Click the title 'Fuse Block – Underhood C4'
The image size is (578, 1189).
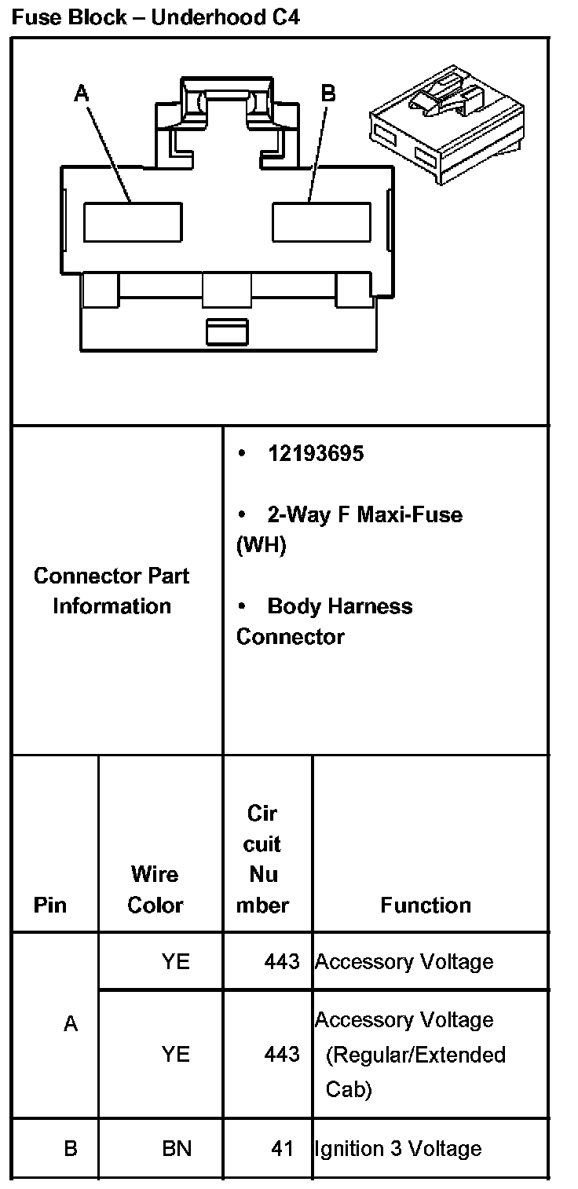click(x=155, y=16)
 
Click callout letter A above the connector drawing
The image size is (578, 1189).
click(x=82, y=93)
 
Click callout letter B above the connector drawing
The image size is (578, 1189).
click(x=328, y=93)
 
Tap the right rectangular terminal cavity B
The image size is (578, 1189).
click(x=321, y=221)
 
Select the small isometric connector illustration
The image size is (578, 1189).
click(x=445, y=124)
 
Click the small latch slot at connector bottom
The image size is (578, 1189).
click(x=227, y=331)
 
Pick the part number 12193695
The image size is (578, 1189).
click(x=316, y=454)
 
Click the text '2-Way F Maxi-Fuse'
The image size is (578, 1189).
click(x=364, y=515)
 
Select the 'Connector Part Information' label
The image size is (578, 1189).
click(x=112, y=591)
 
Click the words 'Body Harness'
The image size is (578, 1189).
click(x=339, y=606)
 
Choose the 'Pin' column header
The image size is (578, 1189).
click(x=50, y=905)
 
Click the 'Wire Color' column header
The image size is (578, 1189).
click(x=155, y=889)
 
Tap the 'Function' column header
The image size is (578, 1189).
click(x=426, y=905)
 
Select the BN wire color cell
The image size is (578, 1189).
click(x=177, y=1148)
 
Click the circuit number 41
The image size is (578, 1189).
click(x=282, y=1148)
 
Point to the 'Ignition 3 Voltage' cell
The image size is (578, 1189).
click(x=397, y=1148)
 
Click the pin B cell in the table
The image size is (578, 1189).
click(x=71, y=1148)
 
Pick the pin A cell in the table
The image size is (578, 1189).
click(x=71, y=1024)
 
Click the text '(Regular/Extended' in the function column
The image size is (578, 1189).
click(x=415, y=1054)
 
